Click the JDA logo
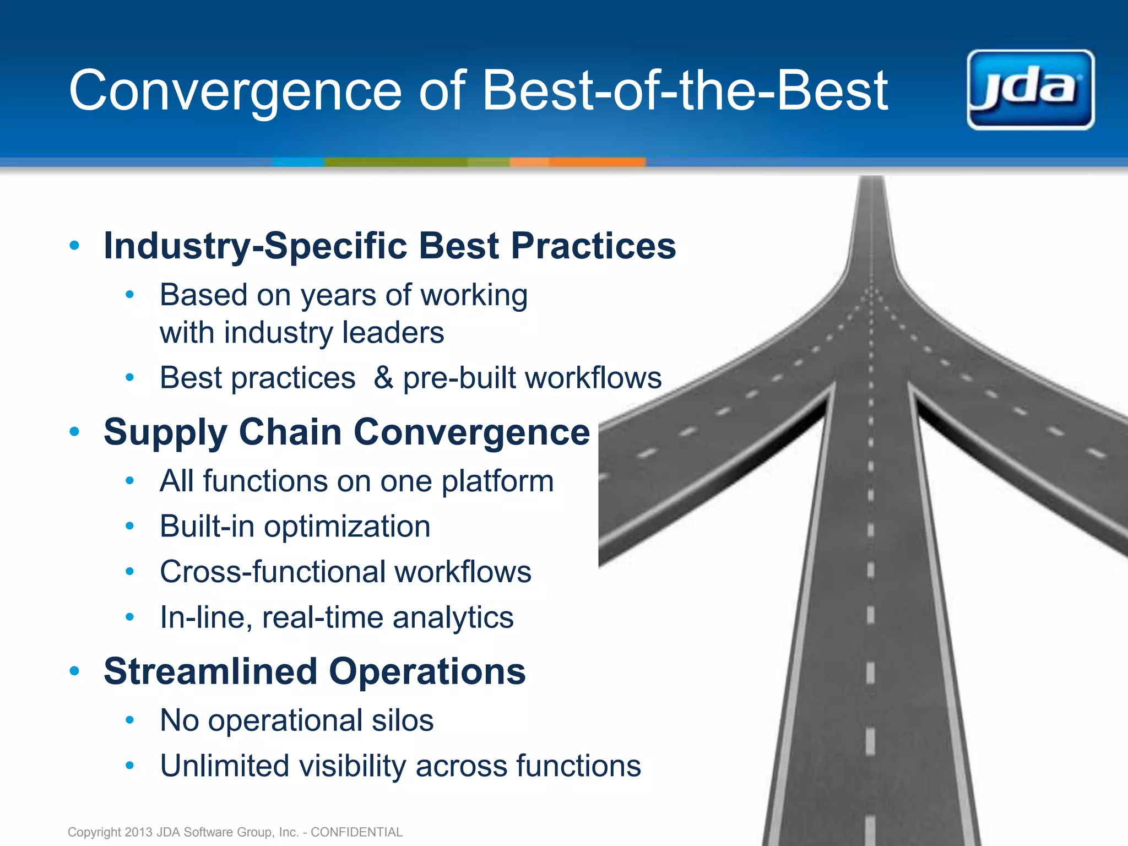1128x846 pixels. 1031,90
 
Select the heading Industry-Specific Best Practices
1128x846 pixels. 389,246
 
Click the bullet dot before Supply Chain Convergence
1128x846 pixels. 75,432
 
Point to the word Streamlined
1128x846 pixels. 210,671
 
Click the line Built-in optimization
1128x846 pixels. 295,526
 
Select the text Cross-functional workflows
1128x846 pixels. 345,572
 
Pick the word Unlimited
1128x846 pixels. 224,766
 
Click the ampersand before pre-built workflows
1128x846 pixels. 383,378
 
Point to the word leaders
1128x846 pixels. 393,333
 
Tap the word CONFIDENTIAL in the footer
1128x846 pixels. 356,832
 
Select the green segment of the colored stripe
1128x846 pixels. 397,162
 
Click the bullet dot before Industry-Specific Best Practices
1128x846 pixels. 75,245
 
